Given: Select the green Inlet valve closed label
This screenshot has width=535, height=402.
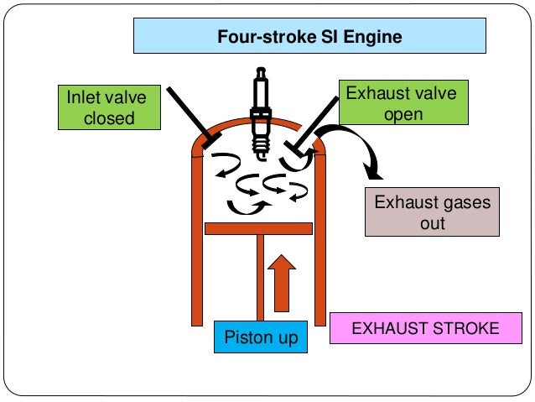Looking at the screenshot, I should (108, 107).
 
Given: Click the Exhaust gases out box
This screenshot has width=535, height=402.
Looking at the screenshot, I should (432, 213).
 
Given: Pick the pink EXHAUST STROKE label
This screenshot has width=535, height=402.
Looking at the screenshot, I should (423, 327).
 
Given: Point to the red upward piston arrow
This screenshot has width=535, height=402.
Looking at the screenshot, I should (283, 285).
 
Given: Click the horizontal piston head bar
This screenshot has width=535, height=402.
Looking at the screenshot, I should (257, 227).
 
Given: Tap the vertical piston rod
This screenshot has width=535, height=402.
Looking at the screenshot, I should (262, 277).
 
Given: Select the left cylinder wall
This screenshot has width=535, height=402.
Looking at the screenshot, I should (197, 243).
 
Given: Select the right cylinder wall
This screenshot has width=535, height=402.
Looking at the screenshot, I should (319, 243).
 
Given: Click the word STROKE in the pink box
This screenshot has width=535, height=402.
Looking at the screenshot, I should (465, 327).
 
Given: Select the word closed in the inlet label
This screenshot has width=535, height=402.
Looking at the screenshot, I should (108, 117).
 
